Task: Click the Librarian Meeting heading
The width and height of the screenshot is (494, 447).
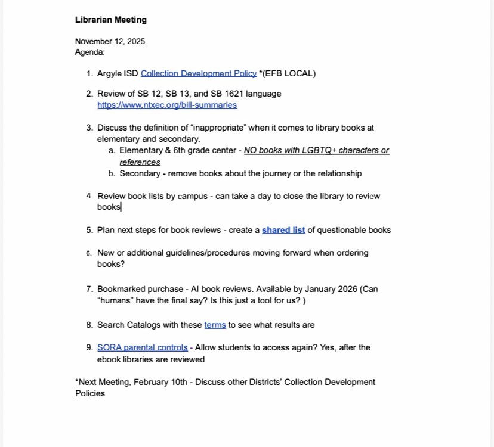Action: coord(110,20)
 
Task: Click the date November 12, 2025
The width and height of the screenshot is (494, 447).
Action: coord(110,41)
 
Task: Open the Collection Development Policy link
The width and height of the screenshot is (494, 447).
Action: coord(199,73)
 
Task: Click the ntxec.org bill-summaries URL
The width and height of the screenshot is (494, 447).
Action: coord(167,105)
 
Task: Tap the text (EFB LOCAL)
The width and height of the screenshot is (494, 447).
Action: coord(289,73)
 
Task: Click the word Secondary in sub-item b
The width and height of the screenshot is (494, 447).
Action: coord(140,173)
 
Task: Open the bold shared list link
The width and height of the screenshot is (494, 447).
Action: coord(283,230)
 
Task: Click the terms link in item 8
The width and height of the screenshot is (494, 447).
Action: coord(215,325)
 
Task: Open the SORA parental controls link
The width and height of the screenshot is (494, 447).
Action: coord(143,347)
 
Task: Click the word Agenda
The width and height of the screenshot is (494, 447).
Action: coord(89,52)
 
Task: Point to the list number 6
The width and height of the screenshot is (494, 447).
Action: coord(88,253)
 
